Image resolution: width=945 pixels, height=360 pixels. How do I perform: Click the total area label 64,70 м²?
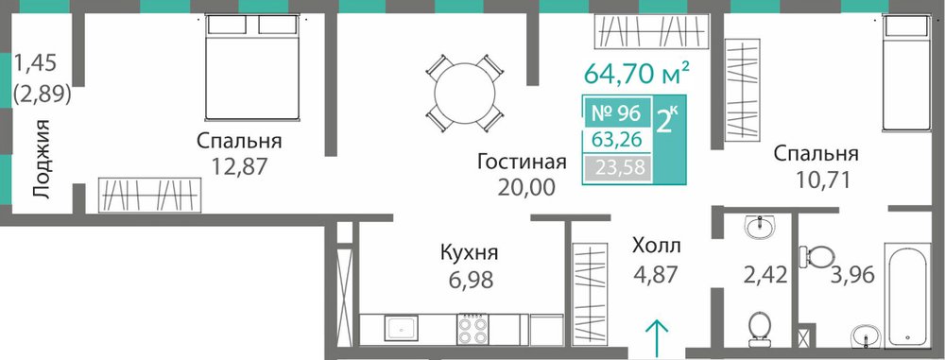[x=637, y=75]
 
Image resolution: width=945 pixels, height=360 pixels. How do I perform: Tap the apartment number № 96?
[x=616, y=111]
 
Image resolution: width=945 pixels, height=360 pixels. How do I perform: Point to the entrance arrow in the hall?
[x=657, y=334]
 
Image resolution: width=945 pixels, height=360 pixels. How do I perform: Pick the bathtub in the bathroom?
[x=906, y=296]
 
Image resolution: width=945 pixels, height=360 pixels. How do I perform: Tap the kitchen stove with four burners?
[x=473, y=330]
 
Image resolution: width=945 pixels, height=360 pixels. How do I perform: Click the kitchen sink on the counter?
[x=400, y=330]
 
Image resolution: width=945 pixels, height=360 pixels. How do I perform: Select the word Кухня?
[x=470, y=252]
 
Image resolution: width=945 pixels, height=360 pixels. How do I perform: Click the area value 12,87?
[x=239, y=166]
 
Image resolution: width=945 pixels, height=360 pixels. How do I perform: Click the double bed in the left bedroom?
[x=252, y=67]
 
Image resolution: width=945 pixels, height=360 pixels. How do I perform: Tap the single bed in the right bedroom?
[x=906, y=73]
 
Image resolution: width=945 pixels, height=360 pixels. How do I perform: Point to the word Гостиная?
[x=522, y=163]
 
